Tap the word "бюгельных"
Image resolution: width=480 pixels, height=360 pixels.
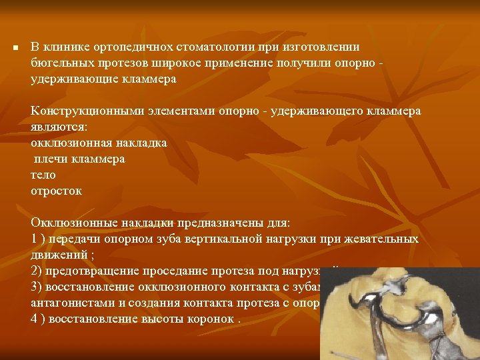click(58, 63)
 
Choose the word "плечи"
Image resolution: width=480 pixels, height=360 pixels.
click(49, 159)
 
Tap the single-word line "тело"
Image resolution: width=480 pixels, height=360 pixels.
click(43, 175)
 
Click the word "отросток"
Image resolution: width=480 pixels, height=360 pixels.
click(57, 191)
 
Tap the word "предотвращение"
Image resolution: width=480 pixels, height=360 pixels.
click(85, 271)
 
